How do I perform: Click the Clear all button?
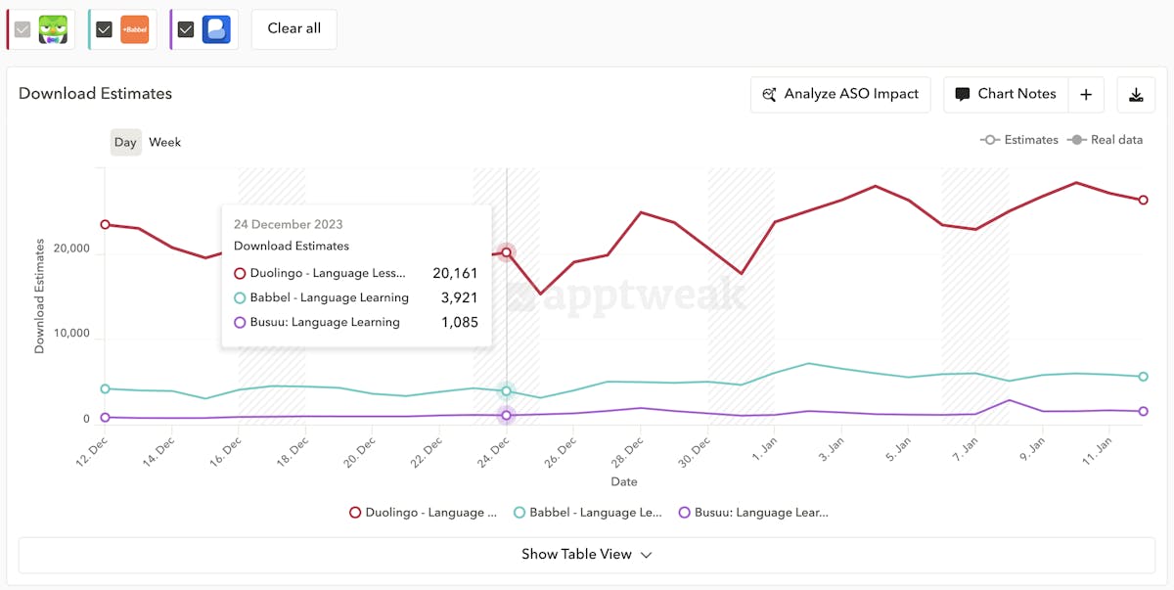point(293,29)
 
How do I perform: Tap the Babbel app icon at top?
point(134,29)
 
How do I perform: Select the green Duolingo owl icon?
point(53,29)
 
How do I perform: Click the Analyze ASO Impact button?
point(840,95)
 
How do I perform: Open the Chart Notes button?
point(1006,95)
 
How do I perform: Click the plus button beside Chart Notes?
point(1086,95)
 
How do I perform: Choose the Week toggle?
point(164,143)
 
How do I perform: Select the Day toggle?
point(125,143)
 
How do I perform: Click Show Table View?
point(586,555)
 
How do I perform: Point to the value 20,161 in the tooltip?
point(455,274)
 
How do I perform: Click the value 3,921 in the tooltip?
point(459,298)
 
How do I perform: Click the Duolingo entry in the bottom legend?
point(423,513)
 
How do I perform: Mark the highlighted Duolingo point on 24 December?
point(506,252)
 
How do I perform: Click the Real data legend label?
point(1115,141)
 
